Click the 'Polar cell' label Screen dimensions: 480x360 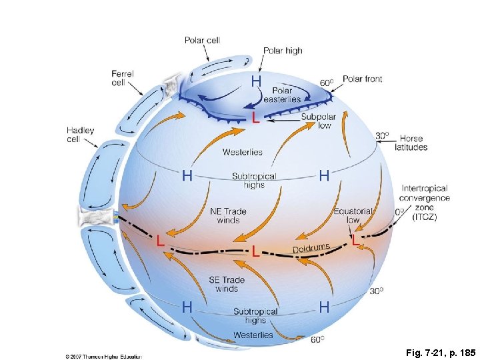[x=202, y=40]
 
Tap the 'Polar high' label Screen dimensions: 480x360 [x=283, y=51]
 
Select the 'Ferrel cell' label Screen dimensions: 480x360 [x=122, y=78]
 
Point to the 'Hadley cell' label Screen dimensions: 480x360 [x=80, y=135]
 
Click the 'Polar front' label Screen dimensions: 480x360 [x=362, y=79]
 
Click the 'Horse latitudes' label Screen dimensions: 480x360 [x=411, y=143]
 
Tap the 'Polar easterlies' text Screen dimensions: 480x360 [x=286, y=95]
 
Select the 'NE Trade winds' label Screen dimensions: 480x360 [x=228, y=215]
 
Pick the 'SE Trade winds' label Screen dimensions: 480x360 [x=227, y=284]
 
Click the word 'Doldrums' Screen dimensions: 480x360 [x=311, y=249]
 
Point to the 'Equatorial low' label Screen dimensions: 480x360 [x=353, y=215]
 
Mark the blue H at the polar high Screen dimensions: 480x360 [x=256, y=81]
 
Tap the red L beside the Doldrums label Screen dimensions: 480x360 [x=256, y=251]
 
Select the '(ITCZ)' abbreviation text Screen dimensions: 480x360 [x=425, y=217]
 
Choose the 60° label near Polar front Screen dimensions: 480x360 [x=327, y=83]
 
